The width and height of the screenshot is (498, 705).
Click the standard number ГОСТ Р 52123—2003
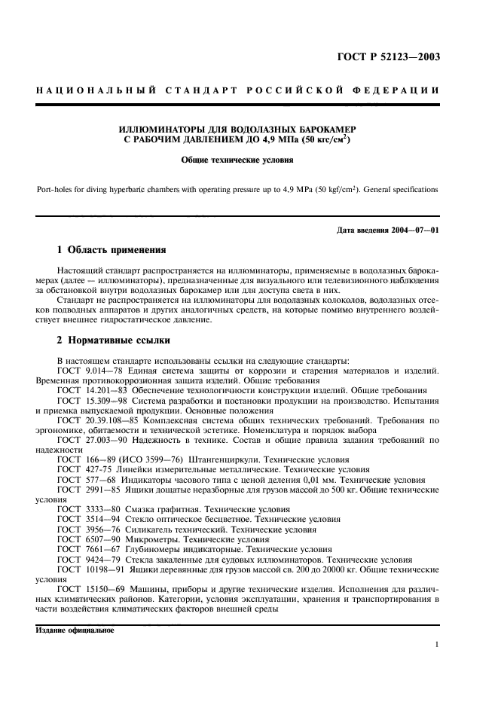[397, 57]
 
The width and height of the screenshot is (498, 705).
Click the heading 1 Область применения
[112, 249]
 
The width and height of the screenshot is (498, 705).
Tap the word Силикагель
[154, 529]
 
